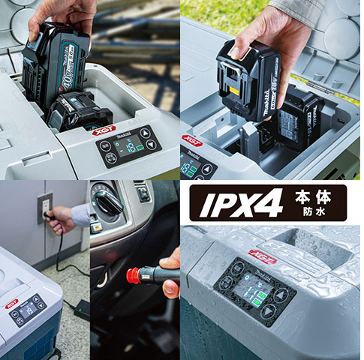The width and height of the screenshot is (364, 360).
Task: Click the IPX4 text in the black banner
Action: [236, 203]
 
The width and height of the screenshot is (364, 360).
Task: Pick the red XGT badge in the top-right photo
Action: [192, 140]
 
